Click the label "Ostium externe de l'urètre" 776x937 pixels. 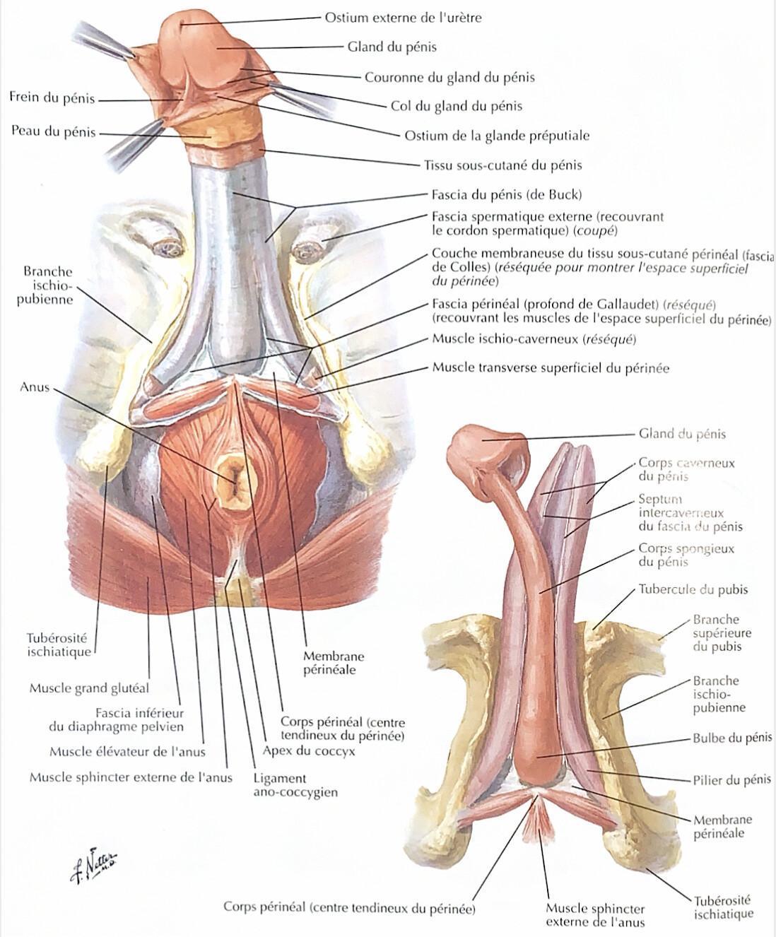pos(403,18)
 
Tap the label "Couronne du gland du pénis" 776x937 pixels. pos(449,78)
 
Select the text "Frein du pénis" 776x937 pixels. pos(52,98)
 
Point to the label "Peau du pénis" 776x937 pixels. pos(54,131)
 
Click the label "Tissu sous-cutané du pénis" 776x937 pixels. pos(503,165)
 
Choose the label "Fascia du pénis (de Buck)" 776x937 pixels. pos(507,195)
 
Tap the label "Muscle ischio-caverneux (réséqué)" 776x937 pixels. pos(534,338)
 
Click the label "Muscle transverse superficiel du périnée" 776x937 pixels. pos(551,368)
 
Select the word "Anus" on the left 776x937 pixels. pos(35,387)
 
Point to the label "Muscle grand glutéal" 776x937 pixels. pos(89,688)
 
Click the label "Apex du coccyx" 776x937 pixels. pos(309,750)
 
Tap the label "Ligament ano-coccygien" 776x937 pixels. pos(295,785)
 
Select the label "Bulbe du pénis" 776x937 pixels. pos(732,738)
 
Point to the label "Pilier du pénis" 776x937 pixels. pos(732,780)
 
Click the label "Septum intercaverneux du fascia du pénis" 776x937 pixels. pos(690,513)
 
